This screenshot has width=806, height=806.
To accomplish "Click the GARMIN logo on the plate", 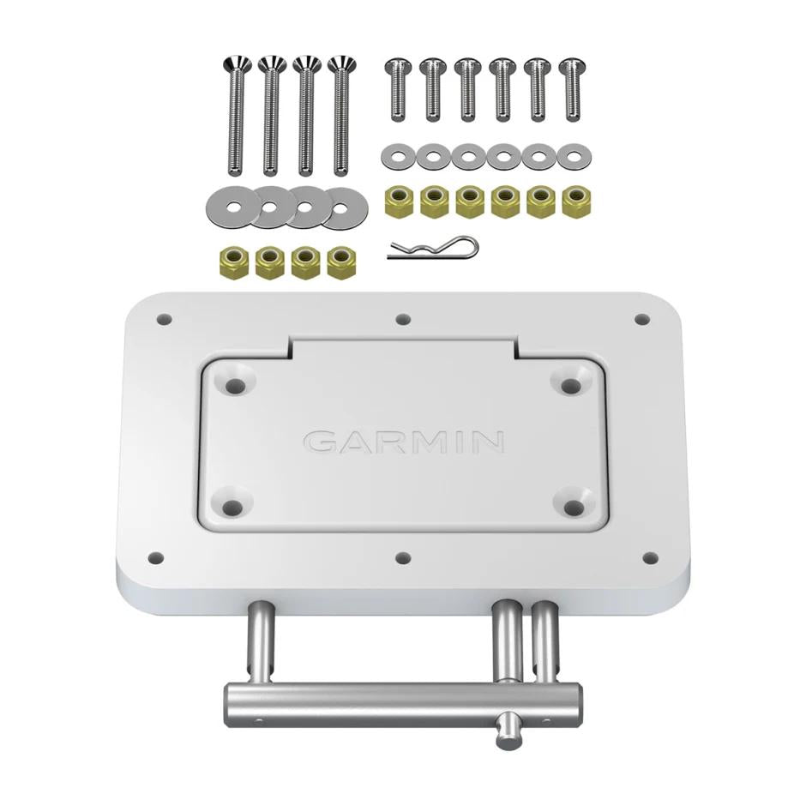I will pos(403,441).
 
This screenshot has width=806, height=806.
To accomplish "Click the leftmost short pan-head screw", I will pos(396,88).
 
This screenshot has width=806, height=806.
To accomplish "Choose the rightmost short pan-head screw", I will pos(569,88).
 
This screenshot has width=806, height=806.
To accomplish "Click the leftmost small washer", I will pos(396,156).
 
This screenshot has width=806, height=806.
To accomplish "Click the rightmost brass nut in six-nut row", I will pos(575,201).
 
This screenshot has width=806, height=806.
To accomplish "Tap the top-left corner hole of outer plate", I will pos(165,320).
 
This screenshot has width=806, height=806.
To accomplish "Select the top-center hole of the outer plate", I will pos(403,320).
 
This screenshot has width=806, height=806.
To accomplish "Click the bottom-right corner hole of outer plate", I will pos(649,558).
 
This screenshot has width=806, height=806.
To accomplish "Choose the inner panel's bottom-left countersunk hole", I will pos(232,508).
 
